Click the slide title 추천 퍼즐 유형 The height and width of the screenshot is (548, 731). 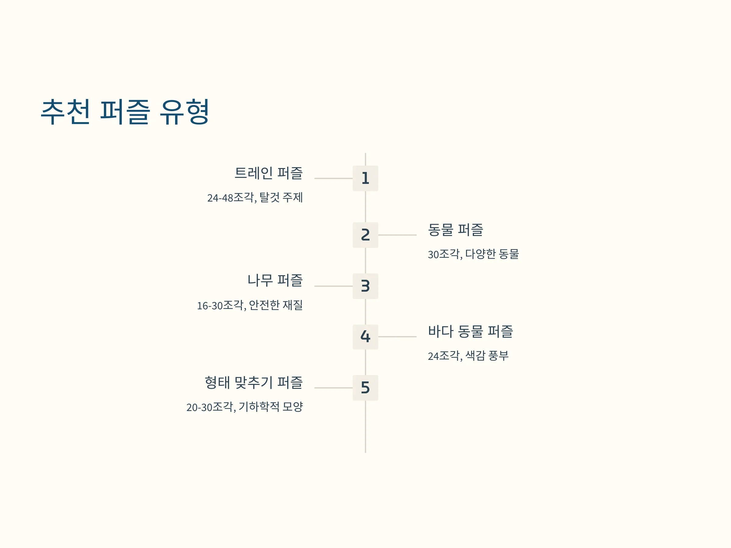(125, 112)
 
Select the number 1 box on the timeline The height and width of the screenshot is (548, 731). (365, 178)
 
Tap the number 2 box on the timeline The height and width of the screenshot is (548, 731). (365, 235)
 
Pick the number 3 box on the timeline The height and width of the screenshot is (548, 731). (365, 286)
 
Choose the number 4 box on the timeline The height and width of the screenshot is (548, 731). (365, 337)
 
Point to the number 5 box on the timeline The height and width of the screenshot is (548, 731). (365, 388)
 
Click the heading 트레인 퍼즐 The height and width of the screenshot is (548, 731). (268, 173)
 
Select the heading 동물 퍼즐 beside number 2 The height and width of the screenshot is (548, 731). (455, 230)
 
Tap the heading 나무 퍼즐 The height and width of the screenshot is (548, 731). (275, 280)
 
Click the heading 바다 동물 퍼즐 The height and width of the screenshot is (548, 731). (470, 331)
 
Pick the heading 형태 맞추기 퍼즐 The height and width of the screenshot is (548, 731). (254, 382)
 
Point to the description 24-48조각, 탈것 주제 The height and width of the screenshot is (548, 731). (255, 198)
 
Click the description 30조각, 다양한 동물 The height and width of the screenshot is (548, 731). (473, 254)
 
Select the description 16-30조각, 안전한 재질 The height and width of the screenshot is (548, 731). (250, 305)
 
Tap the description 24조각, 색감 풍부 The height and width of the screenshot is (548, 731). (468, 356)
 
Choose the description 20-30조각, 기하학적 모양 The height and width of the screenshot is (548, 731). (245, 407)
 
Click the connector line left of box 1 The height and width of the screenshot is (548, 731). (334, 178)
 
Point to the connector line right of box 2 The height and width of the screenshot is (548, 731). (397, 235)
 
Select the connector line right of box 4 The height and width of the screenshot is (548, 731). (397, 337)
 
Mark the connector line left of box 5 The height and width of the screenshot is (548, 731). (334, 388)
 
